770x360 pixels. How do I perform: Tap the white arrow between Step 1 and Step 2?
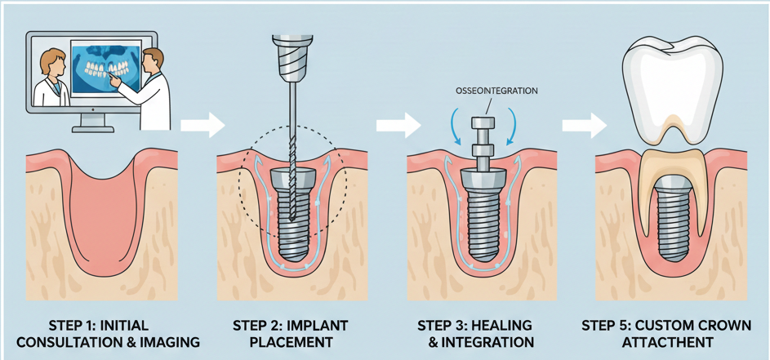(x=202, y=127)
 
